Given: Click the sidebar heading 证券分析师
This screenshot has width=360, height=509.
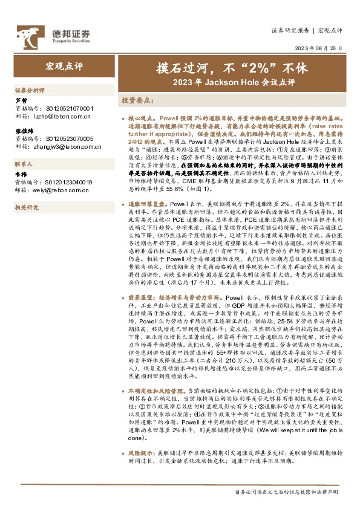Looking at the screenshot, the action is point(30,89).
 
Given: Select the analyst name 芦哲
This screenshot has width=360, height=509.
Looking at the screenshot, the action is point(21,100).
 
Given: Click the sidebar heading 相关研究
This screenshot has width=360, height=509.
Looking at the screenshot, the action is point(27,207).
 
